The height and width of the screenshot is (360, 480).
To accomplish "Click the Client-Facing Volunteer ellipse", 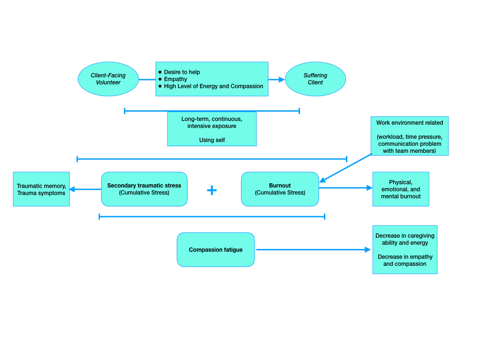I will click(108, 79).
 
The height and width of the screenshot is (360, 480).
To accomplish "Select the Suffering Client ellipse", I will click(315, 79).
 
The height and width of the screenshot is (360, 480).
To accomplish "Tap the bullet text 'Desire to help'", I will click(182, 72).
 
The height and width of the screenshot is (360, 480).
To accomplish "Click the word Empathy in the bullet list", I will click(175, 79).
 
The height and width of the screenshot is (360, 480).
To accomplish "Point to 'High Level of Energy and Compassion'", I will click(213, 86).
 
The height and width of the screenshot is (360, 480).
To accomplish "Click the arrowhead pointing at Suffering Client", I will click(282, 80).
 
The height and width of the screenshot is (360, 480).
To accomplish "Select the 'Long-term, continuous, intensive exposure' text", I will click(212, 122).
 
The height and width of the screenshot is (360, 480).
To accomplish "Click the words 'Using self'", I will click(212, 140).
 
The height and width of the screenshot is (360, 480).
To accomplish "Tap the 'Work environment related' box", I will click(409, 136).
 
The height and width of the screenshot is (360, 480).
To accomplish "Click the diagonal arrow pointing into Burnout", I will click(346, 168).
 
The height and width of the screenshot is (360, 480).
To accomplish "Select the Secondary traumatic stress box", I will click(144, 189).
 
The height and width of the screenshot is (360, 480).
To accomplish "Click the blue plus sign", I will click(212, 190).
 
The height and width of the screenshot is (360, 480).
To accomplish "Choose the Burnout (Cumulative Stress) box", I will click(280, 189).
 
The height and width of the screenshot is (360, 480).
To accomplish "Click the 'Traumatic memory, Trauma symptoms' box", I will click(41, 189).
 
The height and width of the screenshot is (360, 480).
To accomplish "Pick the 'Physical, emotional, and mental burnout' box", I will click(401, 189).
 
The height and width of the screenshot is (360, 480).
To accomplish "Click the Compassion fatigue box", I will click(216, 250).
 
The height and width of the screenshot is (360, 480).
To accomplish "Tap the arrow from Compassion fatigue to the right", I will click(313, 250).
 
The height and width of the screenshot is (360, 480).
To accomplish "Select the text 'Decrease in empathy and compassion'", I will click(405, 260).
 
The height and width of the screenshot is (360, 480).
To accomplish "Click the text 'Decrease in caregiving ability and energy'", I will click(405, 239).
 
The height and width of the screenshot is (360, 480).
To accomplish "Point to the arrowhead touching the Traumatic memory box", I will click(72, 189).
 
